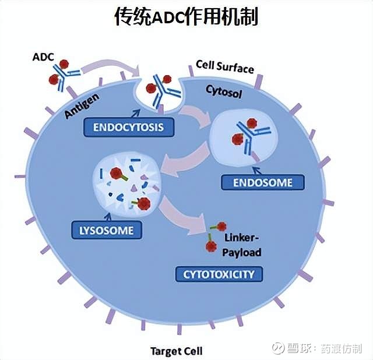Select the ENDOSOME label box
click(x=263, y=182)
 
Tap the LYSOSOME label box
click(x=106, y=230)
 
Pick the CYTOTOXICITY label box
click(x=219, y=274)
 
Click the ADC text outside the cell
click(x=44, y=57)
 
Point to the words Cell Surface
click(x=224, y=67)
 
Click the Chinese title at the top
click(x=186, y=17)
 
